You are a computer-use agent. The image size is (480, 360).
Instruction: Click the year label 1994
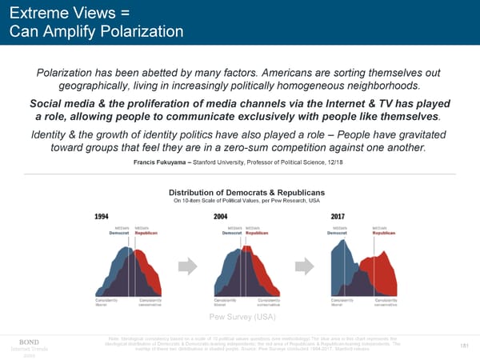(102, 216)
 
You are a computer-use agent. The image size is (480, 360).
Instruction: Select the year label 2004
(222, 216)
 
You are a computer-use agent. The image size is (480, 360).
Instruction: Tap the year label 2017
(338, 216)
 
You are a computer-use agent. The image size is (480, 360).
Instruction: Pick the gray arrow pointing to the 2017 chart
(306, 265)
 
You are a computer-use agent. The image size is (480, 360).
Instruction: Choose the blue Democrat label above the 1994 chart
(120, 233)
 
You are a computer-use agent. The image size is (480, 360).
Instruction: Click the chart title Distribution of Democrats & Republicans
(246, 193)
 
